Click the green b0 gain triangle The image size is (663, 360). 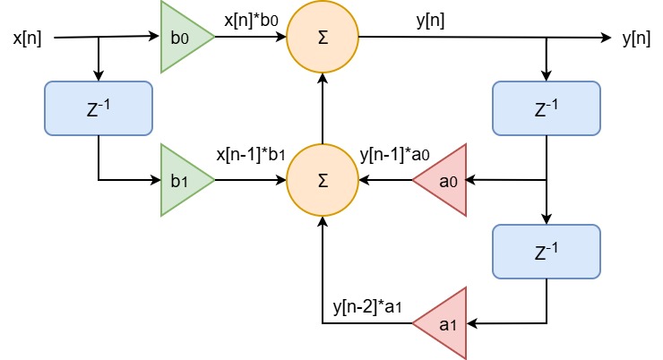184,37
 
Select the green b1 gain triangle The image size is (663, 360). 184,180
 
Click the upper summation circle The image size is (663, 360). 323,37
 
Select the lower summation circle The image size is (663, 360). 323,180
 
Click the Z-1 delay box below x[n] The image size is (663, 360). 99,108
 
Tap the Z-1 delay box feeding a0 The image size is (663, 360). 547,108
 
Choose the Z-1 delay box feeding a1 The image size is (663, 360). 547,252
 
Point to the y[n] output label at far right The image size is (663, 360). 636,39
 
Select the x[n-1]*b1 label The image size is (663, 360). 251,154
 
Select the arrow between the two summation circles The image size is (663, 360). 323,108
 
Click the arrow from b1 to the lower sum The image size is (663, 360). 251,180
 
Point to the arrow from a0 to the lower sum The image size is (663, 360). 385,180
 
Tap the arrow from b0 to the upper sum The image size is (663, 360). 251,37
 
